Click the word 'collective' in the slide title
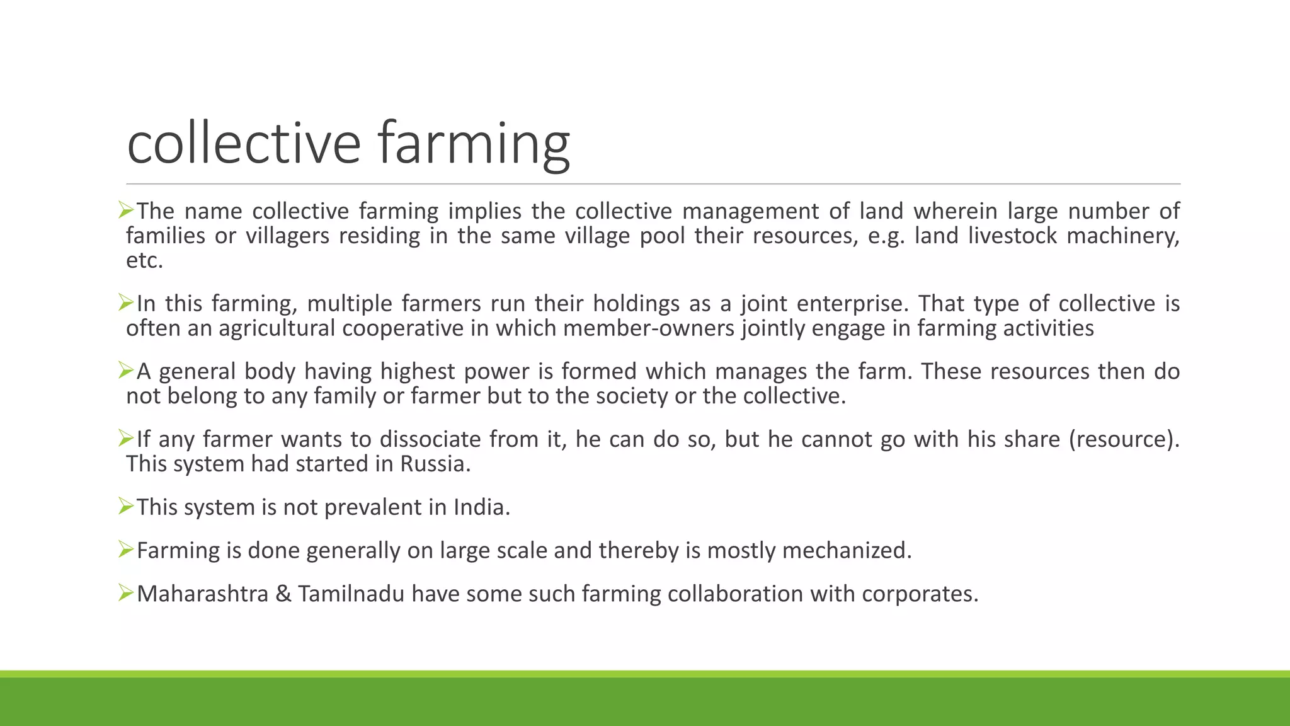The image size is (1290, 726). click(x=243, y=143)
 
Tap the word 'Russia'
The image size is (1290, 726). click(x=435, y=464)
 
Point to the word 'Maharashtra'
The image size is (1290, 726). click(x=202, y=594)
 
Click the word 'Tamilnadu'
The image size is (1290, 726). click(x=351, y=594)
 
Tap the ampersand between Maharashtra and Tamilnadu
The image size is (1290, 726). click(x=283, y=594)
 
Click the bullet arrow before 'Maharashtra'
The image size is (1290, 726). click(x=126, y=593)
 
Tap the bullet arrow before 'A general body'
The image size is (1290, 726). click(x=126, y=371)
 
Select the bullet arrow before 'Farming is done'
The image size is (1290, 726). click(x=126, y=550)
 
